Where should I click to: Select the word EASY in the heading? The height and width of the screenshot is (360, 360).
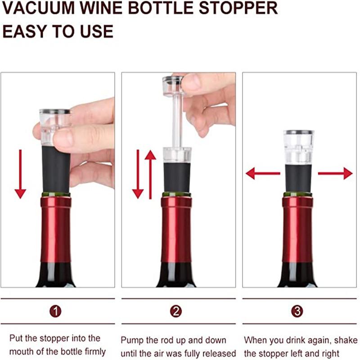[27, 32]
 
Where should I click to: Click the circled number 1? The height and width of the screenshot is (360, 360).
[55, 311]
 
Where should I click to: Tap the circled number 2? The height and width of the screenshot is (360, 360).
[176, 311]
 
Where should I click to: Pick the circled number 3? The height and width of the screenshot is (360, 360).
[297, 311]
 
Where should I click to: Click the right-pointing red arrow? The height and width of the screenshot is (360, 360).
[335, 173]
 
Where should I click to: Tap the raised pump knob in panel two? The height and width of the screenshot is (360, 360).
[173, 85]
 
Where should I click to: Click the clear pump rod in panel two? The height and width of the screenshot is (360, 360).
[177, 121]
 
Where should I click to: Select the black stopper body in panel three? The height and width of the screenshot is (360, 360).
[297, 178]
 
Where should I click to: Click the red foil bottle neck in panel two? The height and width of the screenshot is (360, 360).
[176, 229]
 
